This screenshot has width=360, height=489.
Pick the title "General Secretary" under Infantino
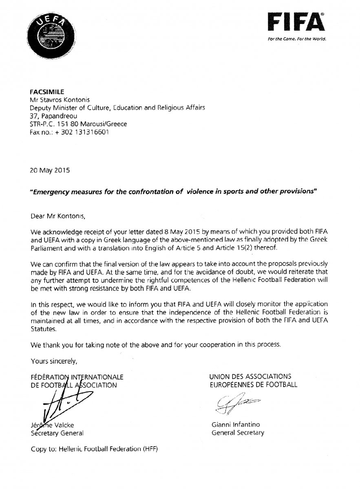[238, 433]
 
